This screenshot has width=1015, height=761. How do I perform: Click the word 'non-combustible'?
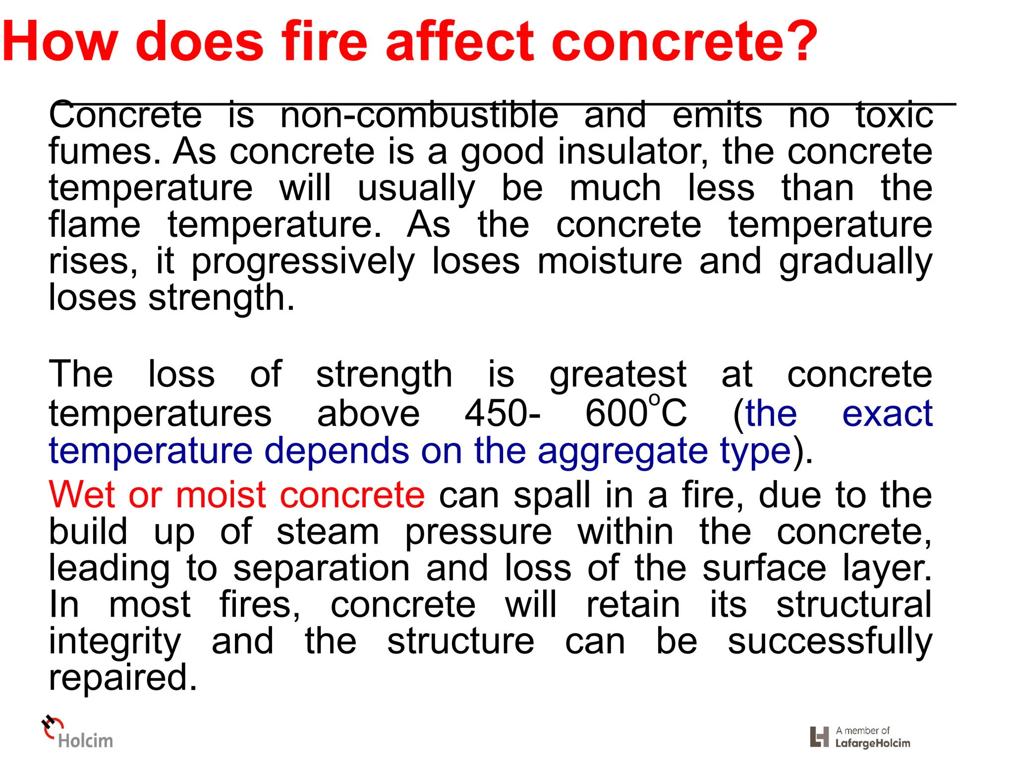(x=419, y=115)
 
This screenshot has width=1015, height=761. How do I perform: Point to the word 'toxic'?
(x=895, y=115)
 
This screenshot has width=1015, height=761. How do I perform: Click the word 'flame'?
(x=95, y=225)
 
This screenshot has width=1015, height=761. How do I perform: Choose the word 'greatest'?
(x=618, y=376)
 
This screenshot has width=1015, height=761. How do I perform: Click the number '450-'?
(x=503, y=413)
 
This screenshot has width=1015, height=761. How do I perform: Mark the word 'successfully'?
(x=830, y=642)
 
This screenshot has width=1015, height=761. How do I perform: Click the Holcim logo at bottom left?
(x=77, y=733)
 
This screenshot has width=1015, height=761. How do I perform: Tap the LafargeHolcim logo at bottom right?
(x=860, y=737)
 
